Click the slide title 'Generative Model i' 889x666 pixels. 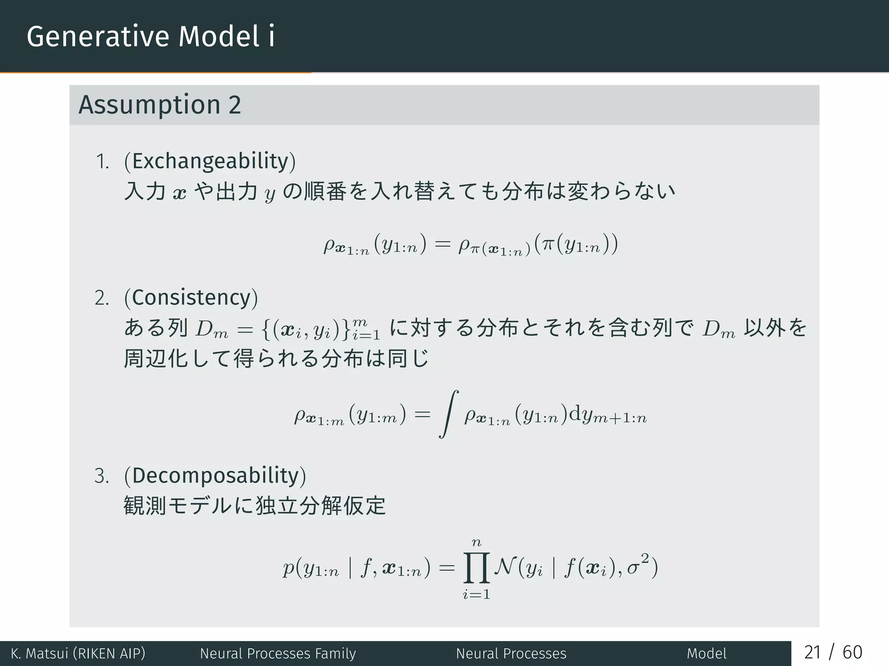150,36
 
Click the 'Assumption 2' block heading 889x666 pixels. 159,105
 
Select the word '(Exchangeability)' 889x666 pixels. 210,161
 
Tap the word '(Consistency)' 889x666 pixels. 191,298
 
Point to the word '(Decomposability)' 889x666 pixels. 215,476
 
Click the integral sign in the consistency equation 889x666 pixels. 449,415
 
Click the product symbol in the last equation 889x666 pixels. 477,568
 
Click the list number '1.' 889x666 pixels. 102,162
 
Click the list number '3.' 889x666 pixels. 102,477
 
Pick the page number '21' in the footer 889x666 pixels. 812,653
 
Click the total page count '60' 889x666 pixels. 852,653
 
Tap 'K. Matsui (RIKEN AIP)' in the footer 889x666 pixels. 78,653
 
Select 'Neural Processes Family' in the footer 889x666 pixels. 278,653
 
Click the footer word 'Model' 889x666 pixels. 706,653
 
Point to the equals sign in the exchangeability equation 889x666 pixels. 442,245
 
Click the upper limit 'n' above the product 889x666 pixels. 477,542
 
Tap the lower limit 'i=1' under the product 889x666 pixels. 477,594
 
